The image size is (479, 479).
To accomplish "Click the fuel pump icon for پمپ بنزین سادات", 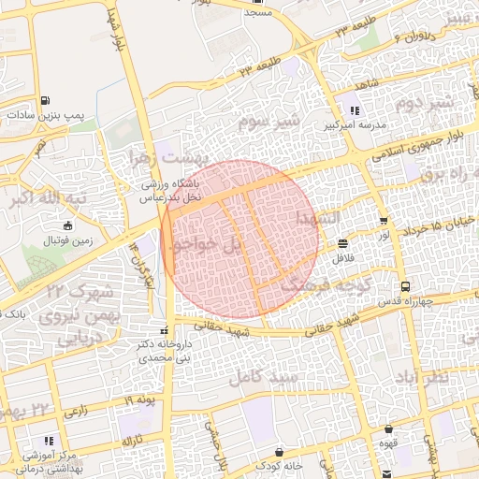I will pyautogui.click(x=46, y=100).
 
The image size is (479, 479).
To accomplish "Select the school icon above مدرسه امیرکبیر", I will pyautogui.click(x=354, y=110).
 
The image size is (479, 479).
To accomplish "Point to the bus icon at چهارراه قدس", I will pyautogui.click(x=404, y=286).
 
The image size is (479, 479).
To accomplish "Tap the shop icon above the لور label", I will pyautogui.click(x=384, y=221).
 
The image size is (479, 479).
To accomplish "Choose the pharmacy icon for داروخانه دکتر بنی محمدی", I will pyautogui.click(x=166, y=330).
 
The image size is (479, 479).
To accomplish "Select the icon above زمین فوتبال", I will pyautogui.click(x=65, y=225).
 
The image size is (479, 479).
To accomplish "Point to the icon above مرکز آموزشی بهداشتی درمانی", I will pyautogui.click(x=48, y=439).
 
